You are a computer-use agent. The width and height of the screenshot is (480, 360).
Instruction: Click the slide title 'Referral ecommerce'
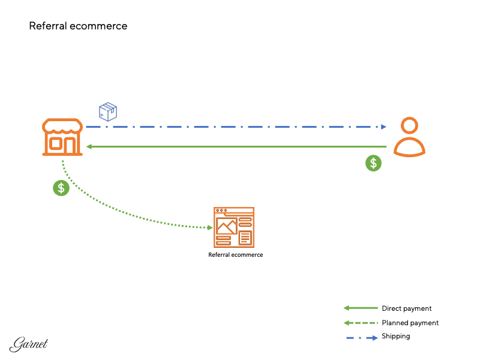(x=78, y=26)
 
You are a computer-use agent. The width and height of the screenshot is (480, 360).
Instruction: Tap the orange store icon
(x=62, y=137)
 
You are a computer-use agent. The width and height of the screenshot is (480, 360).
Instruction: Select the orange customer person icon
(x=409, y=137)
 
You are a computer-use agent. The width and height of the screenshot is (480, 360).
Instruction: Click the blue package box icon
(x=108, y=111)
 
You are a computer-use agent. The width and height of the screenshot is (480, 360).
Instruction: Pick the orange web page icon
(x=234, y=227)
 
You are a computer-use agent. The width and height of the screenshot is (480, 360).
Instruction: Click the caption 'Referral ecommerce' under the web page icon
(x=235, y=255)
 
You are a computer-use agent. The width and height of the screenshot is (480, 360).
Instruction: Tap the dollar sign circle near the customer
(x=374, y=163)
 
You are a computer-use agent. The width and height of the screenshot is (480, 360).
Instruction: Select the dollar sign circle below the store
(x=61, y=188)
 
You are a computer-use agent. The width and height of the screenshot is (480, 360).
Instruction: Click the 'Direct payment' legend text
(x=406, y=308)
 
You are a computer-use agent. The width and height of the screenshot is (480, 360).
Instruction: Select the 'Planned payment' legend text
(x=410, y=323)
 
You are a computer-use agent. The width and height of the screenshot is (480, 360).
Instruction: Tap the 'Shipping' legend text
(x=395, y=336)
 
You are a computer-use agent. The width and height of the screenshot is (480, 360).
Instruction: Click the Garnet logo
(x=29, y=344)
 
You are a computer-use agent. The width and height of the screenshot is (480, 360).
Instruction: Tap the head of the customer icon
(x=409, y=126)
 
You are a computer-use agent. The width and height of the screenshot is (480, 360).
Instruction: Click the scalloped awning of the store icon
(x=62, y=126)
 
